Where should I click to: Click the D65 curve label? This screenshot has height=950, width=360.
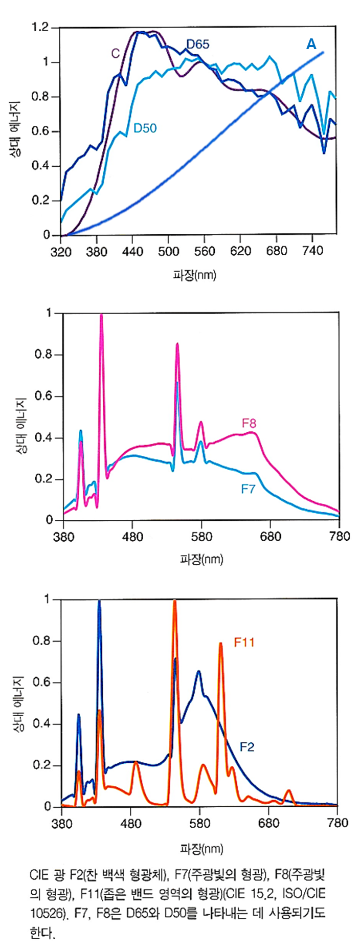coord(197,45)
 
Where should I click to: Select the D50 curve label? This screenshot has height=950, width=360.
coord(145,128)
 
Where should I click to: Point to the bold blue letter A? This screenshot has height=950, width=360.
coord(311,45)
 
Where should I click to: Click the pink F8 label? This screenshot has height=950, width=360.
coord(249,423)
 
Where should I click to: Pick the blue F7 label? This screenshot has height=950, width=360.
coord(248,489)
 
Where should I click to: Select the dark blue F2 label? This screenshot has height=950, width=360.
coord(247,747)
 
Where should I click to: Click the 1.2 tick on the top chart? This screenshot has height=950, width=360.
coord(40,27)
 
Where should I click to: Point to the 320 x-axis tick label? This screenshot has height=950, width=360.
coord(60,251)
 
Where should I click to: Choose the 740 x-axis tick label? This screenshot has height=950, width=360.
coord(313,251)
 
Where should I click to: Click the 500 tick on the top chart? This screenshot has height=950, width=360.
coord(169,251)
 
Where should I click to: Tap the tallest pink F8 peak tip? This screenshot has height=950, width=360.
coord(101,316)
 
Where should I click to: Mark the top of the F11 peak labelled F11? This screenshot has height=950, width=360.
coord(220,644)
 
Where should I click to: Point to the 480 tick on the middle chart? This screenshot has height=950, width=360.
coord(132,536)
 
